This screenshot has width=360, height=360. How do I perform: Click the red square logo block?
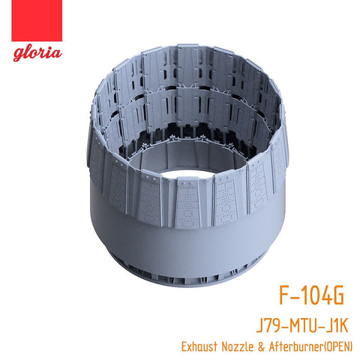point(37,20)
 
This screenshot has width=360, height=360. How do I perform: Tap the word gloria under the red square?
point(37,54)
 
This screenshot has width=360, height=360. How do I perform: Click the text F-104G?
point(311,295)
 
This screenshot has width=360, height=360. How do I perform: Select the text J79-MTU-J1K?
point(302,325)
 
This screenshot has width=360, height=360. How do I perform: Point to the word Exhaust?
point(199,346)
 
